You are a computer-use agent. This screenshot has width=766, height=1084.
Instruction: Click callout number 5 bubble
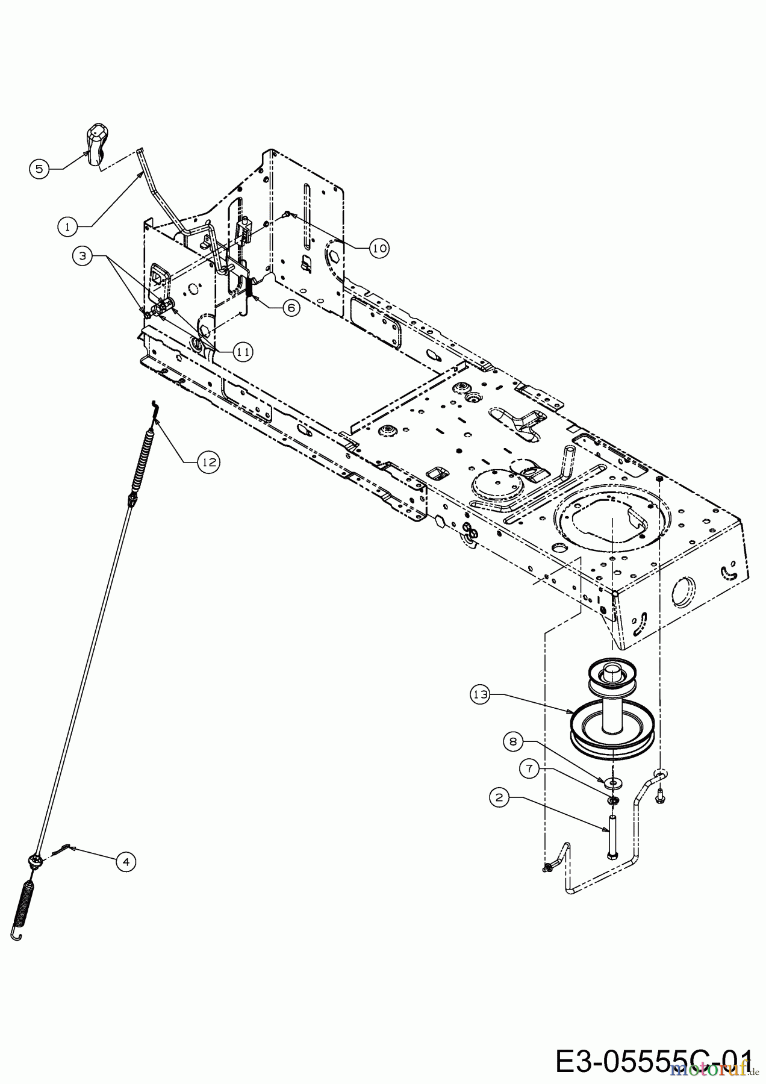[x=39, y=169]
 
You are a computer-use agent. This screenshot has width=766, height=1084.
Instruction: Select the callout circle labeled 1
[x=68, y=226]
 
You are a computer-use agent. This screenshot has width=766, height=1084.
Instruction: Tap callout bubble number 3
[x=83, y=255]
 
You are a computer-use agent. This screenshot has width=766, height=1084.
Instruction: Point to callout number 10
[x=379, y=248]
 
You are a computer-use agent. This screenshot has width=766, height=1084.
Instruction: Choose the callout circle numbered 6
[x=290, y=307]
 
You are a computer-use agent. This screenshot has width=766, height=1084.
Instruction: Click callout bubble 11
[x=243, y=352]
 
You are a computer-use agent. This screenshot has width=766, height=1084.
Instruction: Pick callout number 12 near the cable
[x=209, y=462]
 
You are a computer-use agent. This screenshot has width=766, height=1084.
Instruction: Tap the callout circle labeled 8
[x=513, y=741]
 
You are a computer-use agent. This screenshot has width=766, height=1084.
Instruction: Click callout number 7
[x=530, y=769]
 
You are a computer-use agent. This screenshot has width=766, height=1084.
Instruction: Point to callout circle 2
[x=499, y=798]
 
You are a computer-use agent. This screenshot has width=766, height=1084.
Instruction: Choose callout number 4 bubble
[x=125, y=862]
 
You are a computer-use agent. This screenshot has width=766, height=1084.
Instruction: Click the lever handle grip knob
[x=97, y=143]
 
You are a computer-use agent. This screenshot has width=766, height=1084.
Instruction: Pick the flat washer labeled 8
[x=612, y=782]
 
